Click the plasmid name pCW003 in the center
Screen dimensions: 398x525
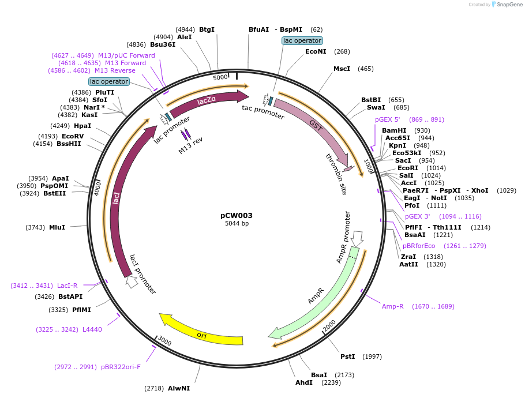(237, 215)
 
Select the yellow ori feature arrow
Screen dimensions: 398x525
(202, 333)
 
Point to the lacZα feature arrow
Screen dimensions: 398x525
(208, 102)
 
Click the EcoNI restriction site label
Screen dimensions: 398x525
(316, 51)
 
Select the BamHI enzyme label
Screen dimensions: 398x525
(394, 130)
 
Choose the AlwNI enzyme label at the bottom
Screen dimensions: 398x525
(179, 388)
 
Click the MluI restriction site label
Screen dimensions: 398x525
(57, 227)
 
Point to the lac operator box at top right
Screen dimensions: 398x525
(302, 41)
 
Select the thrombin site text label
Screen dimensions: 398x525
(336, 174)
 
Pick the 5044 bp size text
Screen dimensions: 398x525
(237, 224)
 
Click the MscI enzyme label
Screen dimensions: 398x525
(342, 69)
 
